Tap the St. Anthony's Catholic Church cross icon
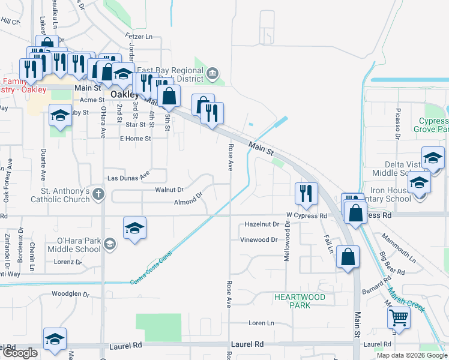tap(98, 194)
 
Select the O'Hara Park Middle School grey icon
tap(109, 243)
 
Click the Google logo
tap(19, 353)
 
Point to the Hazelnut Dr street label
tap(262, 224)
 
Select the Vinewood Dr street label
tap(259, 239)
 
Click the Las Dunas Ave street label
tap(128, 178)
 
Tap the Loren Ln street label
tap(261, 323)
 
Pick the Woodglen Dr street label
tap(70, 295)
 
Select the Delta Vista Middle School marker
tap(433, 157)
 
